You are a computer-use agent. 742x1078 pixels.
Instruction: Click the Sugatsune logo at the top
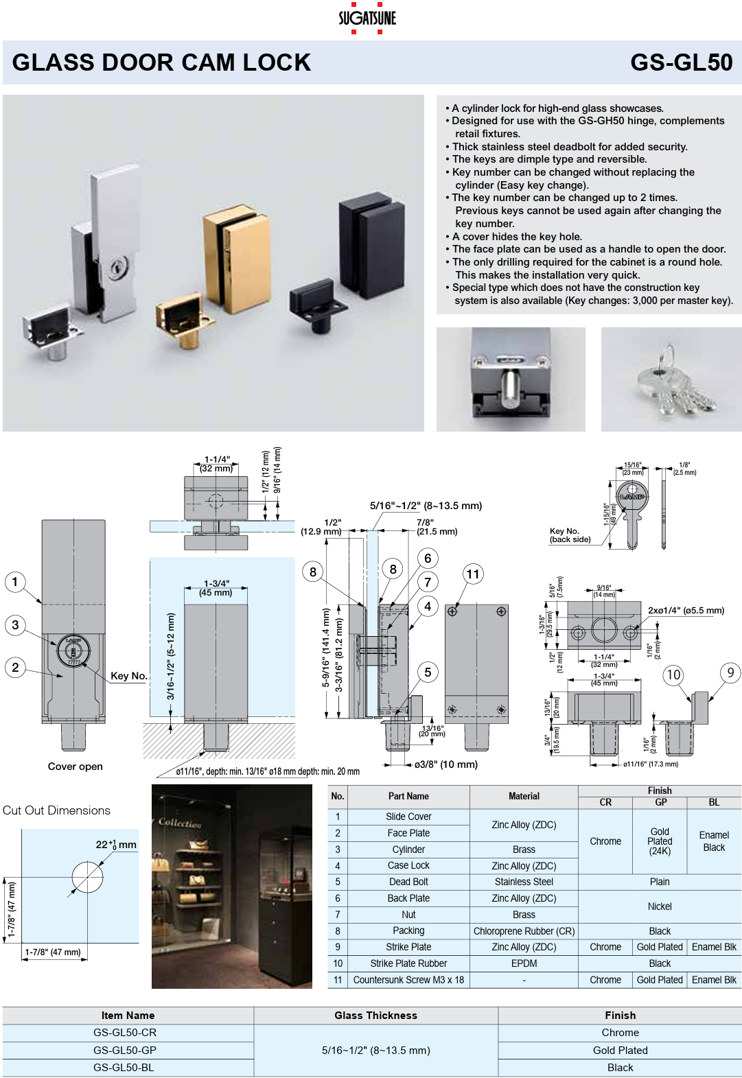pyautogui.click(x=367, y=19)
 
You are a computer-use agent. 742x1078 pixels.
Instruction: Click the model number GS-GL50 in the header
pyautogui.click(x=681, y=62)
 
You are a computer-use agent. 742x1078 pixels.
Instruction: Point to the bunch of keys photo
pyautogui.click(x=671, y=379)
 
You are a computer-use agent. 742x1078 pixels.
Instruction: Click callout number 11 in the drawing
pyautogui.click(x=473, y=574)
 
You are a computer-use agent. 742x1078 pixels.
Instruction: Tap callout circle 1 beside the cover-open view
pyautogui.click(x=15, y=582)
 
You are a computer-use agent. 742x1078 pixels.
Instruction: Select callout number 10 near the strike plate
pyautogui.click(x=673, y=675)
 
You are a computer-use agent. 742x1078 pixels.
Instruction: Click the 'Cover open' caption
pyautogui.click(x=75, y=766)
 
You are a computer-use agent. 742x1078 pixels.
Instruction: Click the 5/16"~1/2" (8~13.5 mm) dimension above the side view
pyautogui.click(x=426, y=506)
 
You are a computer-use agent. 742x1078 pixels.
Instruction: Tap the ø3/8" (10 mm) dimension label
pyautogui.click(x=445, y=764)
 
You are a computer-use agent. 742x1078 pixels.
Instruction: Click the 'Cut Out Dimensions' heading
pyautogui.click(x=56, y=810)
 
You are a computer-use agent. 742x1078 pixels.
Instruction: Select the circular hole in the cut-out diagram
pyautogui.click(x=87, y=877)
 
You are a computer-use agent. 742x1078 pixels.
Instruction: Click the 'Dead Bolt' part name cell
pyautogui.click(x=408, y=882)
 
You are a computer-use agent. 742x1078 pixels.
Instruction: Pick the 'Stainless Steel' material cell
pyautogui.click(x=524, y=882)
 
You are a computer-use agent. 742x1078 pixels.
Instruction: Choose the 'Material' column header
pyautogui.click(x=524, y=796)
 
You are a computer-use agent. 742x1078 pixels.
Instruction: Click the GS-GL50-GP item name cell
pyautogui.click(x=125, y=1050)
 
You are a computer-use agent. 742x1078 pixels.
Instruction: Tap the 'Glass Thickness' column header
pyautogui.click(x=375, y=1016)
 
